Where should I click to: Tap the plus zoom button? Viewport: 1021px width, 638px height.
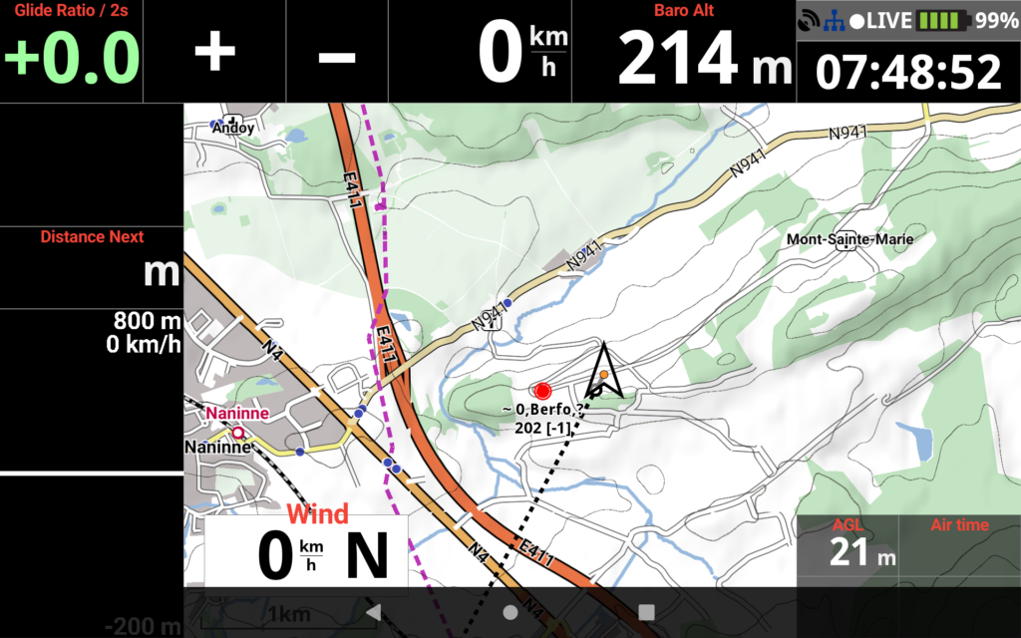214,52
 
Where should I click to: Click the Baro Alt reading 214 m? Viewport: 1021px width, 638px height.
704,60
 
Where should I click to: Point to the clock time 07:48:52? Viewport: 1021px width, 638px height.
908,73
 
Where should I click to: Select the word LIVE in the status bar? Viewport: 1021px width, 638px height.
889,20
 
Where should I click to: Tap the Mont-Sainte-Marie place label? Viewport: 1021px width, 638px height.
850,239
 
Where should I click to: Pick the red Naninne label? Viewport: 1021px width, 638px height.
237,413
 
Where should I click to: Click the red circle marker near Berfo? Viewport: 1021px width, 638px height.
542,391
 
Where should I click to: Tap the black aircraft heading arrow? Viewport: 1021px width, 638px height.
604,370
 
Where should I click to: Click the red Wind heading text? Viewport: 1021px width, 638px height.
317,514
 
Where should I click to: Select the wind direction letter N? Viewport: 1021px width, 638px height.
366,556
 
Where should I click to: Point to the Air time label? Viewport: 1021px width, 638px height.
959,525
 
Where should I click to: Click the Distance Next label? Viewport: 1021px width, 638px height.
92,237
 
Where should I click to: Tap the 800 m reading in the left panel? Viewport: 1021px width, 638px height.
148,322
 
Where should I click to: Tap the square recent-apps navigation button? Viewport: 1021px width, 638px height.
646,612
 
